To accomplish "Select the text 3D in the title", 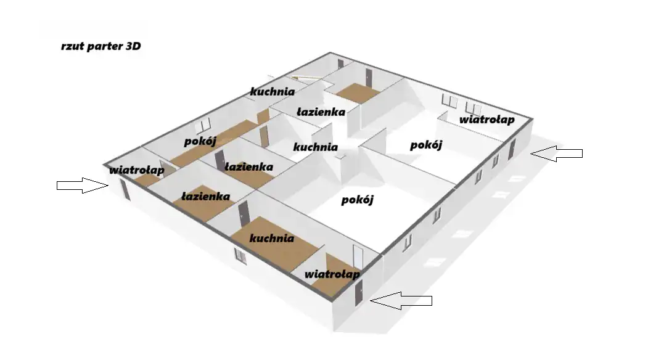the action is [133, 46].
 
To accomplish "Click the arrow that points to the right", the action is [83, 185].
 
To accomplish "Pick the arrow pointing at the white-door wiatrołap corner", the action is [401, 300].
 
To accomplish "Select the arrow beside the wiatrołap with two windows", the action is [556, 153].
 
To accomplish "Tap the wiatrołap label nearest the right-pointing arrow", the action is [136, 170].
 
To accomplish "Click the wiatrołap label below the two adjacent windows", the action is [487, 120].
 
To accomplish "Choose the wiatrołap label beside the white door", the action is [332, 274].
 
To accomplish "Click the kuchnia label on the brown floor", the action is [272, 238].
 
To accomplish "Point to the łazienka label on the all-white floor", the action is [321, 112].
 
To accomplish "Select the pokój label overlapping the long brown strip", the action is [200, 141].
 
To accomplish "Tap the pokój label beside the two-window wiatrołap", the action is [426, 145].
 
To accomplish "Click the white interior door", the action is [358, 257].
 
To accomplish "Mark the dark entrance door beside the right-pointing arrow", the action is [125, 190].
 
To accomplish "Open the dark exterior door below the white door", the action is [359, 293].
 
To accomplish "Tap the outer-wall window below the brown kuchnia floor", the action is [240, 256].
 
